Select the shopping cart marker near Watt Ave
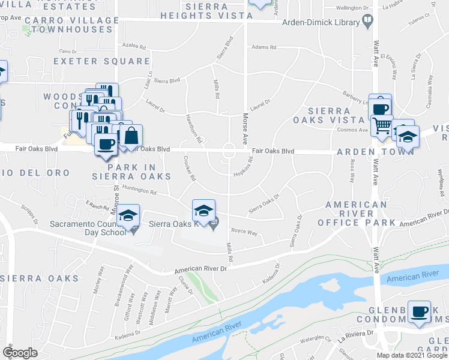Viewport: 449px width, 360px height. (x=382, y=125)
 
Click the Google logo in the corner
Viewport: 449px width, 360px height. (x=20, y=353)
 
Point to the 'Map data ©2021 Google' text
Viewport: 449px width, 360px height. (x=412, y=355)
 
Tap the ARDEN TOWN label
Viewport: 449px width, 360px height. (x=375, y=151)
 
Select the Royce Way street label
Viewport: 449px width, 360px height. (x=244, y=231)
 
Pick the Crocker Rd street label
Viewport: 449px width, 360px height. (x=190, y=169)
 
